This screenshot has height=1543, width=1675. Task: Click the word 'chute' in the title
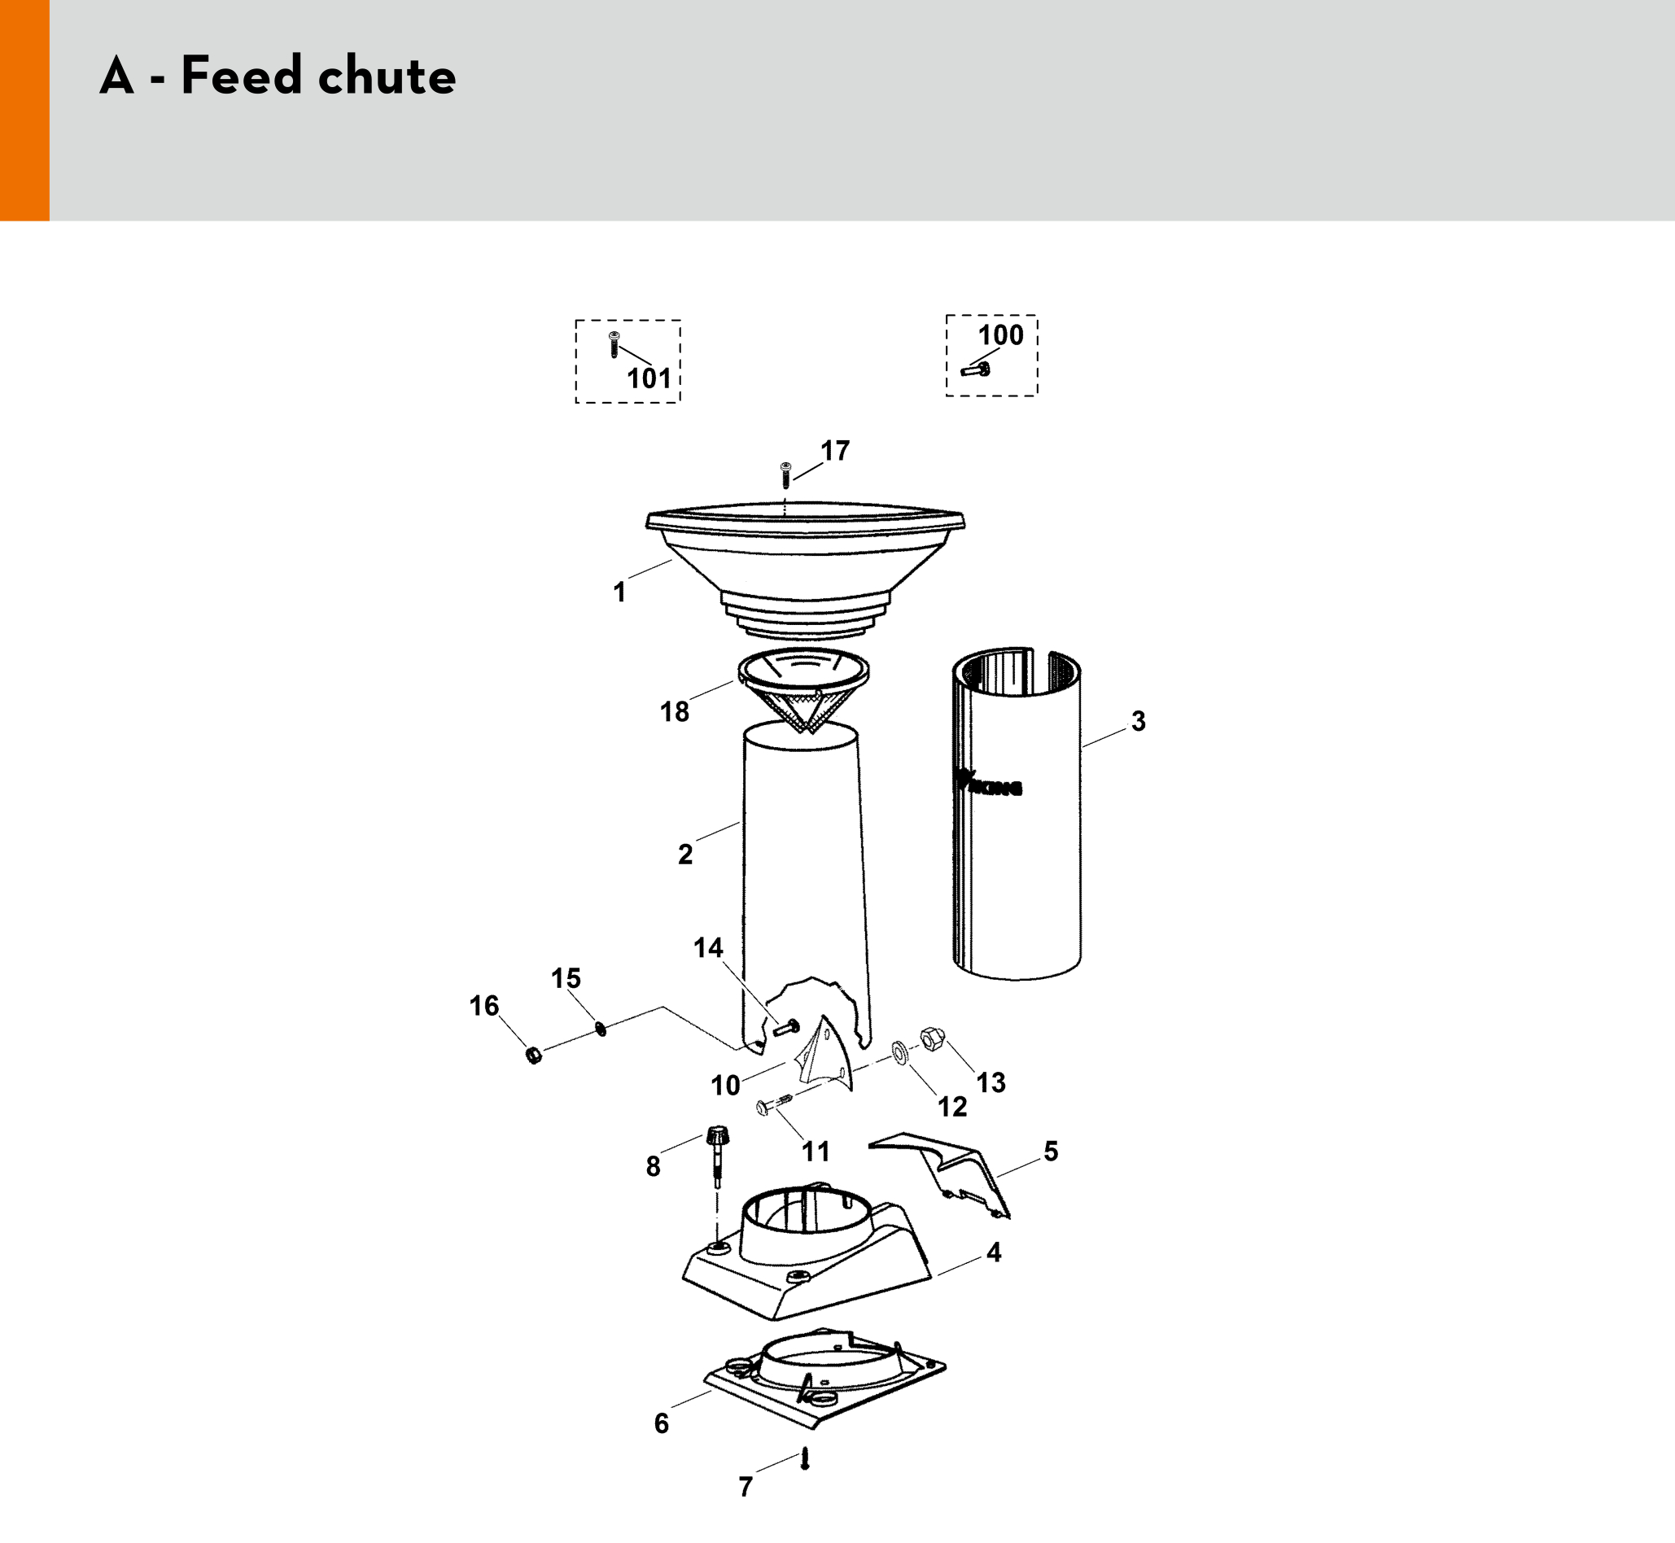[387, 76]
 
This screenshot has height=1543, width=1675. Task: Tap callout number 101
[649, 379]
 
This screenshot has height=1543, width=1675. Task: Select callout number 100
[1000, 334]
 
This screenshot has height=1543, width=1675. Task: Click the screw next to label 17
[785, 475]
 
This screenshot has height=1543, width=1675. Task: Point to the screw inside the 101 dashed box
[614, 344]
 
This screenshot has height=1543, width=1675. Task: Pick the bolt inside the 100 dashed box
[975, 368]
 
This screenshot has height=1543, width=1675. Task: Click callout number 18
[675, 711]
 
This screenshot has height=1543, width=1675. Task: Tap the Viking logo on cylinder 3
[990, 784]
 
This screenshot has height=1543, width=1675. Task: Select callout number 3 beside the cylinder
[1138, 721]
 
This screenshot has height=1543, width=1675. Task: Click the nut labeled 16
[535, 1056]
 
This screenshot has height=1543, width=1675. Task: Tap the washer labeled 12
[900, 1052]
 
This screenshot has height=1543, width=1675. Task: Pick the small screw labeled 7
[805, 1458]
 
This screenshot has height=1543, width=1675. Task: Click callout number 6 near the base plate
[662, 1423]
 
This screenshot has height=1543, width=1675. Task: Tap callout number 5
[1051, 1152]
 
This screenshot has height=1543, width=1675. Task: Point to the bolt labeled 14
[785, 1027]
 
